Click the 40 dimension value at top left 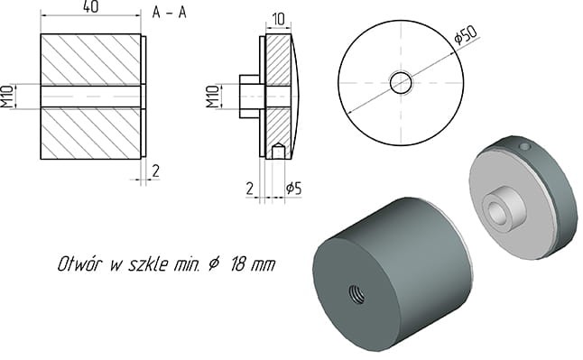coord(89,7)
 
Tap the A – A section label coord(171,12)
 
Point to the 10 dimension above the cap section coord(276,18)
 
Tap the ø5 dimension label coord(292,188)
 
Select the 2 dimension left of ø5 coord(250,188)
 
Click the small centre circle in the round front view coord(401,83)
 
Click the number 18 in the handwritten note coord(232,265)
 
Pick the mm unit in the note coord(261,265)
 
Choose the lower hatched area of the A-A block coord(90,133)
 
